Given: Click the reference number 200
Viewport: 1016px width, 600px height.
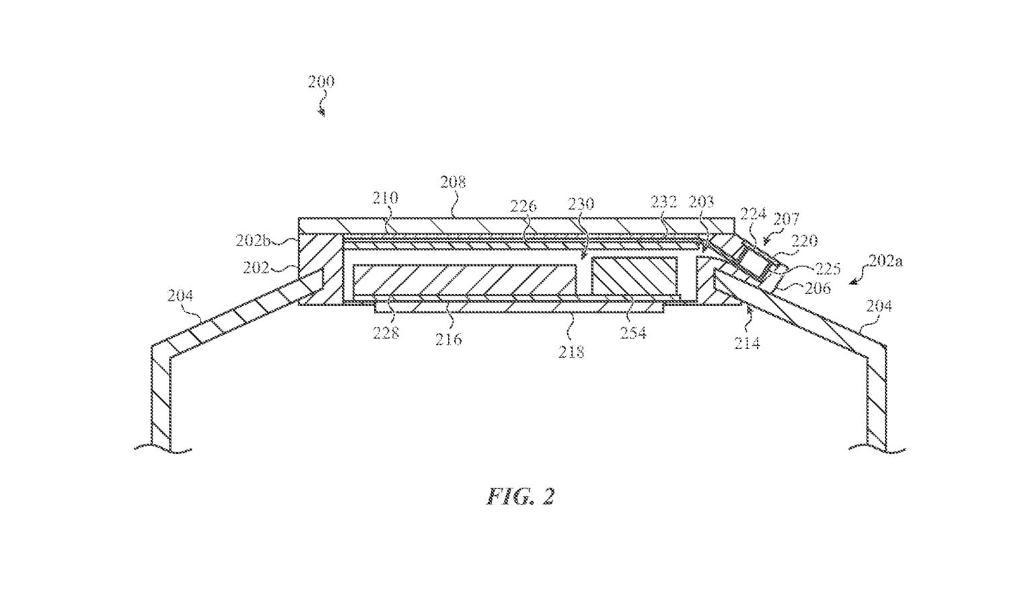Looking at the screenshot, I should pyautogui.click(x=321, y=82).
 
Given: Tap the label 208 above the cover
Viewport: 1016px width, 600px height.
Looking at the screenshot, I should pyautogui.click(x=453, y=182).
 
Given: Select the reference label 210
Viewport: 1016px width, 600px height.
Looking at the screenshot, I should pyautogui.click(x=386, y=198).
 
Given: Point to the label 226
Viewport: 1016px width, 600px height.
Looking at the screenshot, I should pyautogui.click(x=523, y=206).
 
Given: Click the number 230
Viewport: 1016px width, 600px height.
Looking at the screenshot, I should pyautogui.click(x=581, y=203).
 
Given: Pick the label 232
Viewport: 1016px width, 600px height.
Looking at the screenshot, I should pyautogui.click(x=663, y=202).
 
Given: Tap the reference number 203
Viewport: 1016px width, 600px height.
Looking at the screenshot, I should pyautogui.click(x=701, y=201).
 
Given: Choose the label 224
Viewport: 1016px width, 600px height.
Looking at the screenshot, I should pyautogui.click(x=753, y=214).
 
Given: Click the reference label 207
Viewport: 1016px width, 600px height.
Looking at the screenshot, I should pyautogui.click(x=786, y=219).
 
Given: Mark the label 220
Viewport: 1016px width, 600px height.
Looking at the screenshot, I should pyautogui.click(x=804, y=241).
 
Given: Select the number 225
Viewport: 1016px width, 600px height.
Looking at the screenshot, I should pyautogui.click(x=827, y=268).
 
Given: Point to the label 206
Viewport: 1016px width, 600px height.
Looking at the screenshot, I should pyautogui.click(x=818, y=288).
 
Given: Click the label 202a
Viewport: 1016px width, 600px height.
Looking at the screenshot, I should pyautogui.click(x=884, y=261).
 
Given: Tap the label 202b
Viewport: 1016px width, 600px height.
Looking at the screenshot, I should pyautogui.click(x=253, y=240).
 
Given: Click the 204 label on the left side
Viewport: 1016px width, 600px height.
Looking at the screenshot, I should pyautogui.click(x=180, y=295).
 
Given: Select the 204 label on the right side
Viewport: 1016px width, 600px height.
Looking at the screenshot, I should pyautogui.click(x=879, y=306).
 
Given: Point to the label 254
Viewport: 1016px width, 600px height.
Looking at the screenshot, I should pyautogui.click(x=632, y=332).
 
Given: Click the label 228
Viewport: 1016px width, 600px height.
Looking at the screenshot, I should pyautogui.click(x=386, y=332).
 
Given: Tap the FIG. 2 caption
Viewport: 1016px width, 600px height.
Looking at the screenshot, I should pyautogui.click(x=521, y=496).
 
